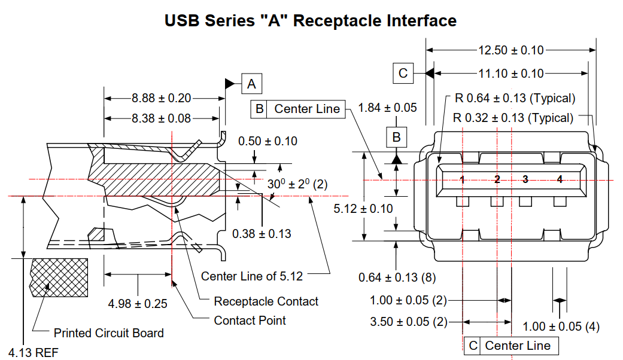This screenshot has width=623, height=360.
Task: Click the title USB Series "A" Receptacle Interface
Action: [311, 21]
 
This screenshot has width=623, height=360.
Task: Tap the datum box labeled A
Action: [251, 84]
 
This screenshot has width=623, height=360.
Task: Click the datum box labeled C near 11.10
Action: [403, 74]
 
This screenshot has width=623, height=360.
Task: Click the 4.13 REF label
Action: [34, 353]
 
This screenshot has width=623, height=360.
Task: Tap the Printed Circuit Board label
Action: [108, 333]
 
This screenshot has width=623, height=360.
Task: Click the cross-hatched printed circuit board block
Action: [59, 278]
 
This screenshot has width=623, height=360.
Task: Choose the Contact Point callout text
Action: [250, 321]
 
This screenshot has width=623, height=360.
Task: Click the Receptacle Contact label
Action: [266, 301]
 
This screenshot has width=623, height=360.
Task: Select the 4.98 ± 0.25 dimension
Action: [138, 304]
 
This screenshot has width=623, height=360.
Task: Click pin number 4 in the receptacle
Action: [560, 179]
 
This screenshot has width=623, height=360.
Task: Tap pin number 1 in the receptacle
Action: [463, 179]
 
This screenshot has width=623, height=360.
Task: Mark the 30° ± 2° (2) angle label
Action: [297, 184]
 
